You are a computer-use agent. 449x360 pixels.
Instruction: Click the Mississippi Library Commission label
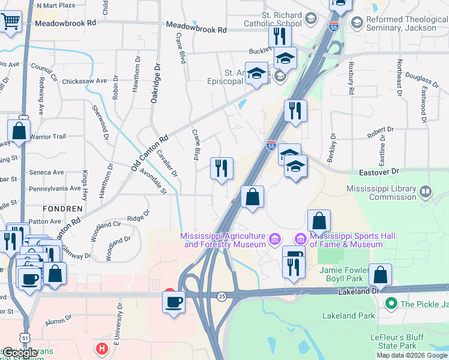[382, 193]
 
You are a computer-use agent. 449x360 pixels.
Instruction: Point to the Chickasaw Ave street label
[84, 80]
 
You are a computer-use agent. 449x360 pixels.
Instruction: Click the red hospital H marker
[102, 348]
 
